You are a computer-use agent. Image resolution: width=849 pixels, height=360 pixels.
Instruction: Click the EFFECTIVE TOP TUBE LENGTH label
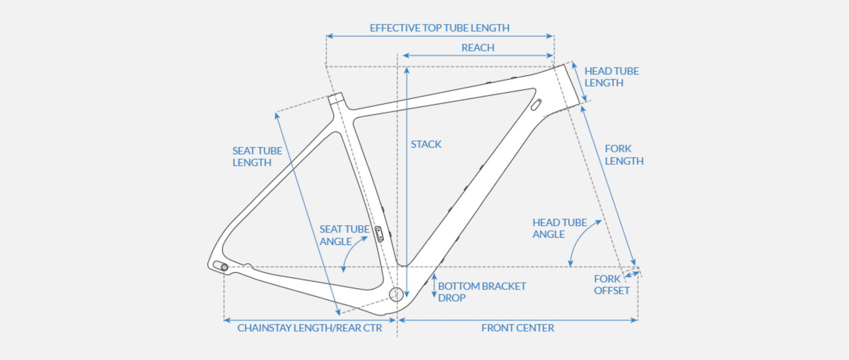tap(439, 28)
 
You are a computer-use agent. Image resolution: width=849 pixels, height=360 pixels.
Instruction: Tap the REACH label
tap(477, 48)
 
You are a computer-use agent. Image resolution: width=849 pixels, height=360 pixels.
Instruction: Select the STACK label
tap(426, 144)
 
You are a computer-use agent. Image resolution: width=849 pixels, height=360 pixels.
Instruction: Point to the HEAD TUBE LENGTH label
tap(611, 77)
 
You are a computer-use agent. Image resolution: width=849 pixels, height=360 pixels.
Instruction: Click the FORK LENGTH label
tap(624, 155)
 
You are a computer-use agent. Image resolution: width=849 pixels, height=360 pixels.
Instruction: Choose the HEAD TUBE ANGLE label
tap(559, 228)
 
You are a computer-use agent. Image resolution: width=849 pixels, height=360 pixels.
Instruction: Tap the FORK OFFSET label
tap(611, 285)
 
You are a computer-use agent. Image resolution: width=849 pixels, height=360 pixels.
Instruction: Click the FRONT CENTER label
tap(517, 328)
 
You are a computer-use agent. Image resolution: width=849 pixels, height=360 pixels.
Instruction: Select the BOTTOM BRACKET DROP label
tap(482, 291)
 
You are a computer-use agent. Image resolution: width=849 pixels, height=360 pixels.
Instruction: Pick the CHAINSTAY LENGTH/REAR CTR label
tap(309, 328)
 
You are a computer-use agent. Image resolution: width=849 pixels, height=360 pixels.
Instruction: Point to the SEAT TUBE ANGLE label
tap(344, 235)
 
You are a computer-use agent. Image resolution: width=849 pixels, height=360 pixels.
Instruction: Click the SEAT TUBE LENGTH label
tap(257, 157)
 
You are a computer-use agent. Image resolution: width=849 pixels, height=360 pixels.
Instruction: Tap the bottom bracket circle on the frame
tap(395, 293)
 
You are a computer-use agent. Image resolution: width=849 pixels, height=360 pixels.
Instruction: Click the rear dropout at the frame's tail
tap(220, 266)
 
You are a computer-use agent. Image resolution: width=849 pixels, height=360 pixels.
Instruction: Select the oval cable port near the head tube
tap(536, 104)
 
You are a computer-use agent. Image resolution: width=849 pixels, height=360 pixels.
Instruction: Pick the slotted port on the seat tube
tap(378, 232)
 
